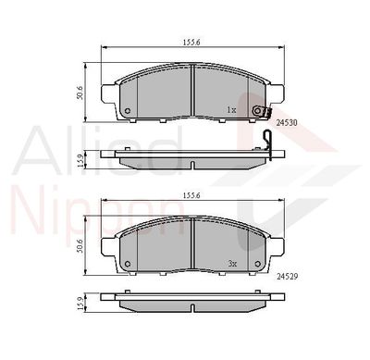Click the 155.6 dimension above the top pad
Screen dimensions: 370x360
[x=191, y=43]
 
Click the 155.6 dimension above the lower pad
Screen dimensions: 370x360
[x=191, y=195]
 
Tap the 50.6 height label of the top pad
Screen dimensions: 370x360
[x=80, y=93]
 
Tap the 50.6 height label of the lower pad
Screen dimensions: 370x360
[x=80, y=245]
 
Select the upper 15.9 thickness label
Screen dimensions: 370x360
[x=80, y=160]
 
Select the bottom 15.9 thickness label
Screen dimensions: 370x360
[x=80, y=304]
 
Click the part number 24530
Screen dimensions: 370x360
[x=287, y=123]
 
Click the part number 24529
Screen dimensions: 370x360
[x=287, y=277]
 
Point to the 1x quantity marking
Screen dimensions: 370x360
[x=231, y=109]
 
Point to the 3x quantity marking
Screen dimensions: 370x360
[x=232, y=264]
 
